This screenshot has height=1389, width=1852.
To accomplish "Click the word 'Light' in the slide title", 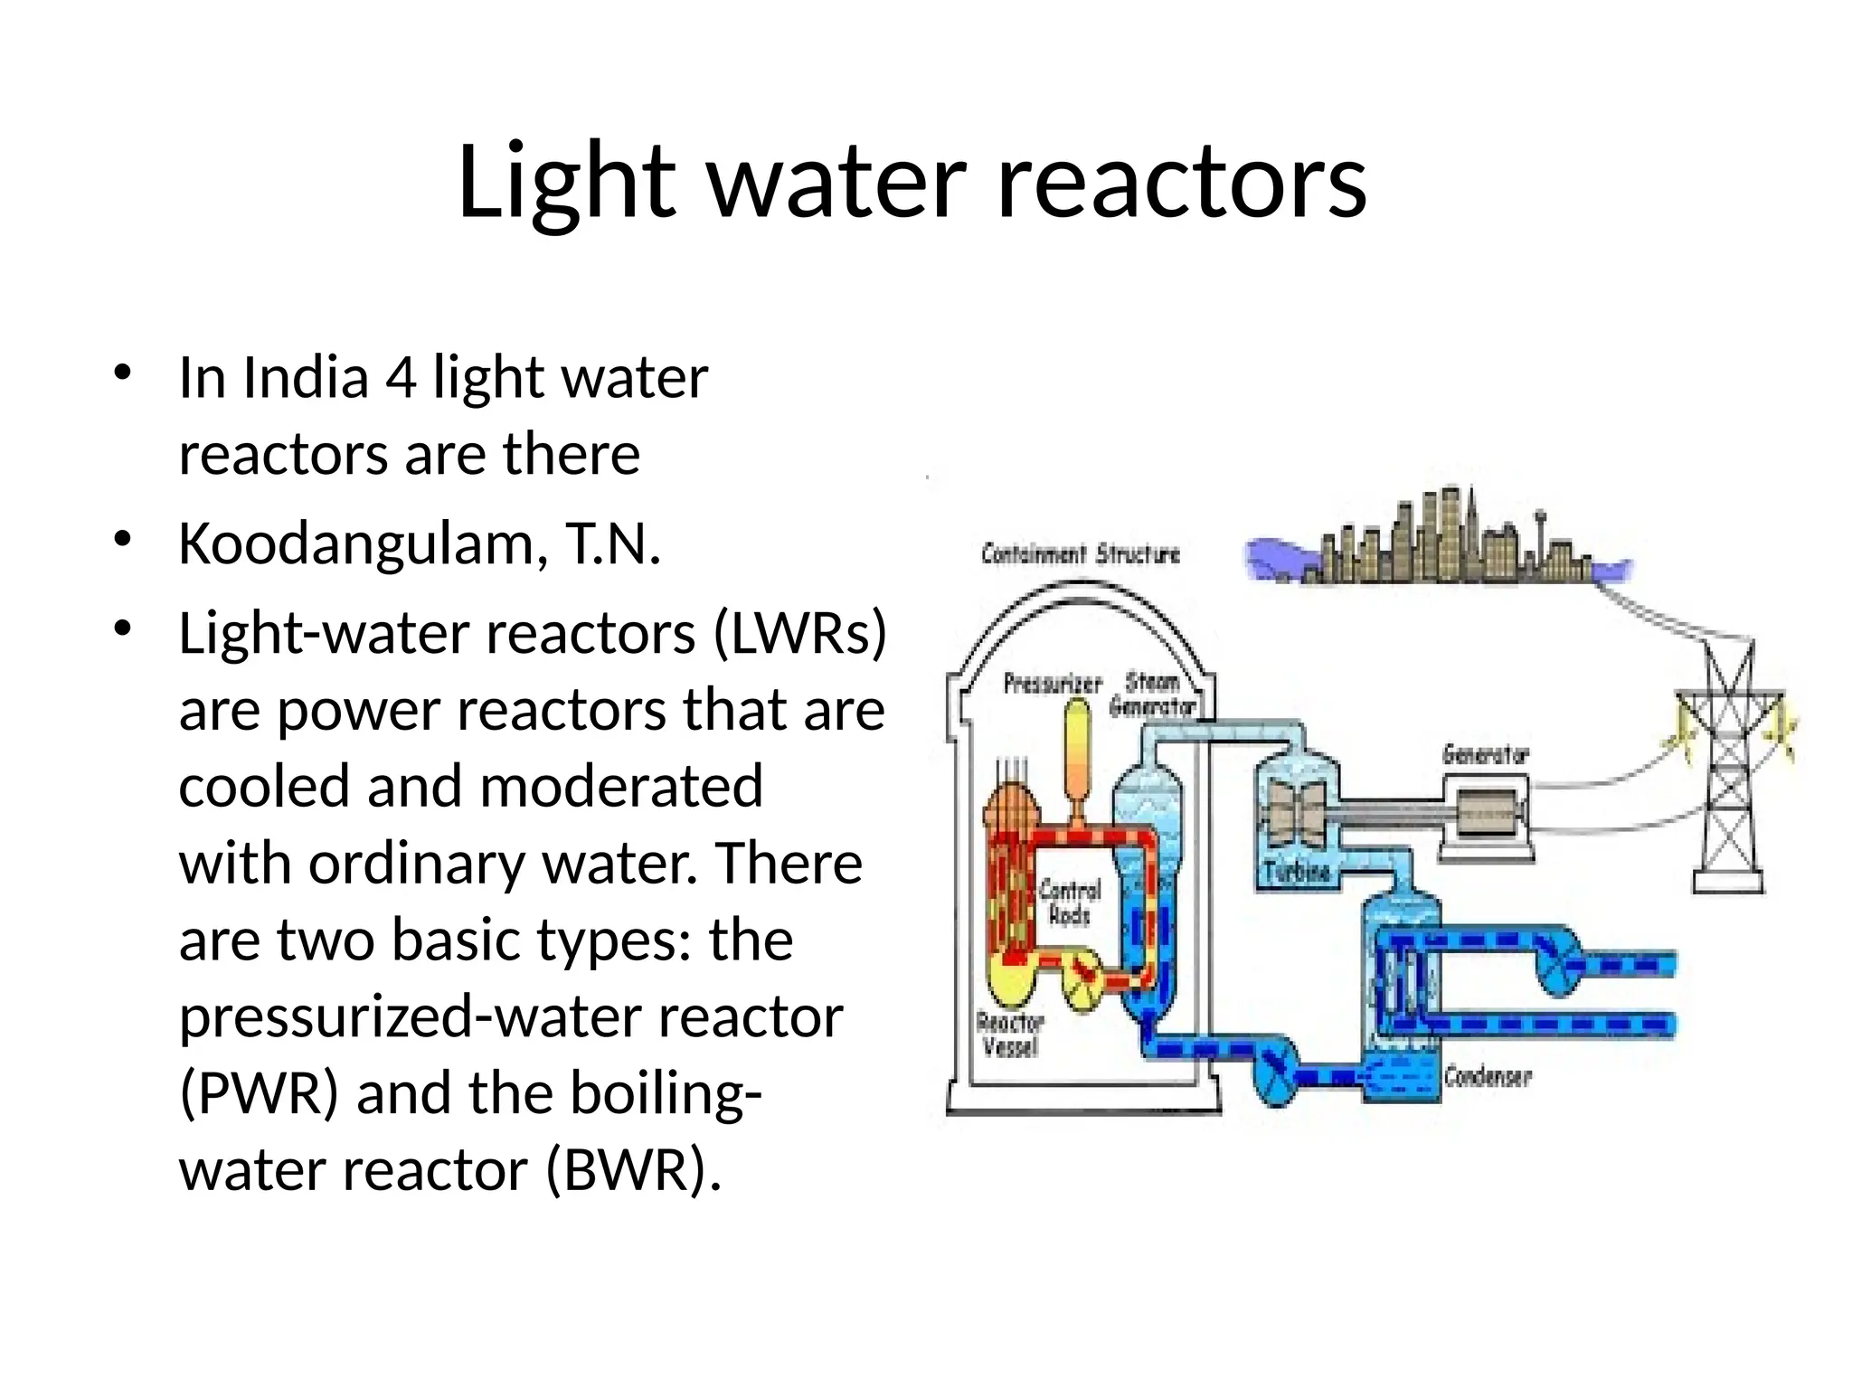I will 566,184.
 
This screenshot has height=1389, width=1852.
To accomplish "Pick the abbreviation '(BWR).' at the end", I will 634,1170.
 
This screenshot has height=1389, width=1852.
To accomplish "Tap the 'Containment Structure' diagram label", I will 1081,553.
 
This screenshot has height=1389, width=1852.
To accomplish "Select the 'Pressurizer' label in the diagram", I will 1052,684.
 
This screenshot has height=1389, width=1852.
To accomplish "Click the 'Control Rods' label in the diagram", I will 1070,902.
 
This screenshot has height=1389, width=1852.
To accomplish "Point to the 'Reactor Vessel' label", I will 1010,1035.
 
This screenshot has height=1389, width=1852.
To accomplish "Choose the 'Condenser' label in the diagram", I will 1488,1076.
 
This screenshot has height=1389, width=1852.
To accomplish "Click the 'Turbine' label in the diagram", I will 1297,872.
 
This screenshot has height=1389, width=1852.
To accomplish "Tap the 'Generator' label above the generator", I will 1485,753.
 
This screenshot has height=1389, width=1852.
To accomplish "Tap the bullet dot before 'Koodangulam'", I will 124,540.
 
